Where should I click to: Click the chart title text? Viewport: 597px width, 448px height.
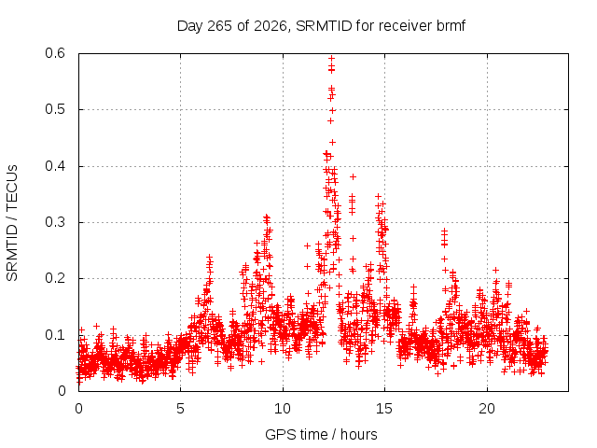click(x=321, y=26)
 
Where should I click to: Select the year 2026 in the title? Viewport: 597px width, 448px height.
click(x=270, y=26)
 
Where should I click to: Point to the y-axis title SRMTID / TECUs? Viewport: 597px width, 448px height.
click(x=12, y=223)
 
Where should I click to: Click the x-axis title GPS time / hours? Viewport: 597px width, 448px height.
click(x=321, y=434)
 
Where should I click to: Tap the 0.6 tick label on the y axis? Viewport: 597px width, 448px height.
click(x=55, y=53)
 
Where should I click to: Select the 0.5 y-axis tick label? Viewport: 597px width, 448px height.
click(x=55, y=109)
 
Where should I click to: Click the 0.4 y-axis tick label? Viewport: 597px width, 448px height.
click(x=55, y=166)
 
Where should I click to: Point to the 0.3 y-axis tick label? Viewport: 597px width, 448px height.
click(x=55, y=222)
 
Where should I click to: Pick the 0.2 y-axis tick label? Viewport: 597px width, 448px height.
click(x=55, y=278)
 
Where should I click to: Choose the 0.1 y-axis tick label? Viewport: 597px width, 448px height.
click(x=55, y=335)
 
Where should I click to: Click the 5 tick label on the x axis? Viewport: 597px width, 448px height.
click(x=180, y=409)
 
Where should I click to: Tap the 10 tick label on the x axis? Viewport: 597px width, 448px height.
click(x=283, y=409)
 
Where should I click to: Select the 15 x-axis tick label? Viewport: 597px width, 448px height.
click(x=384, y=409)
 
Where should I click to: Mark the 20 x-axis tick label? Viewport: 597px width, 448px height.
click(x=487, y=409)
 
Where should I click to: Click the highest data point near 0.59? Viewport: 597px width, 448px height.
click(x=332, y=58)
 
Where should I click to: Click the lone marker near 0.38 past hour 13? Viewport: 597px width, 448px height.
click(x=353, y=176)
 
